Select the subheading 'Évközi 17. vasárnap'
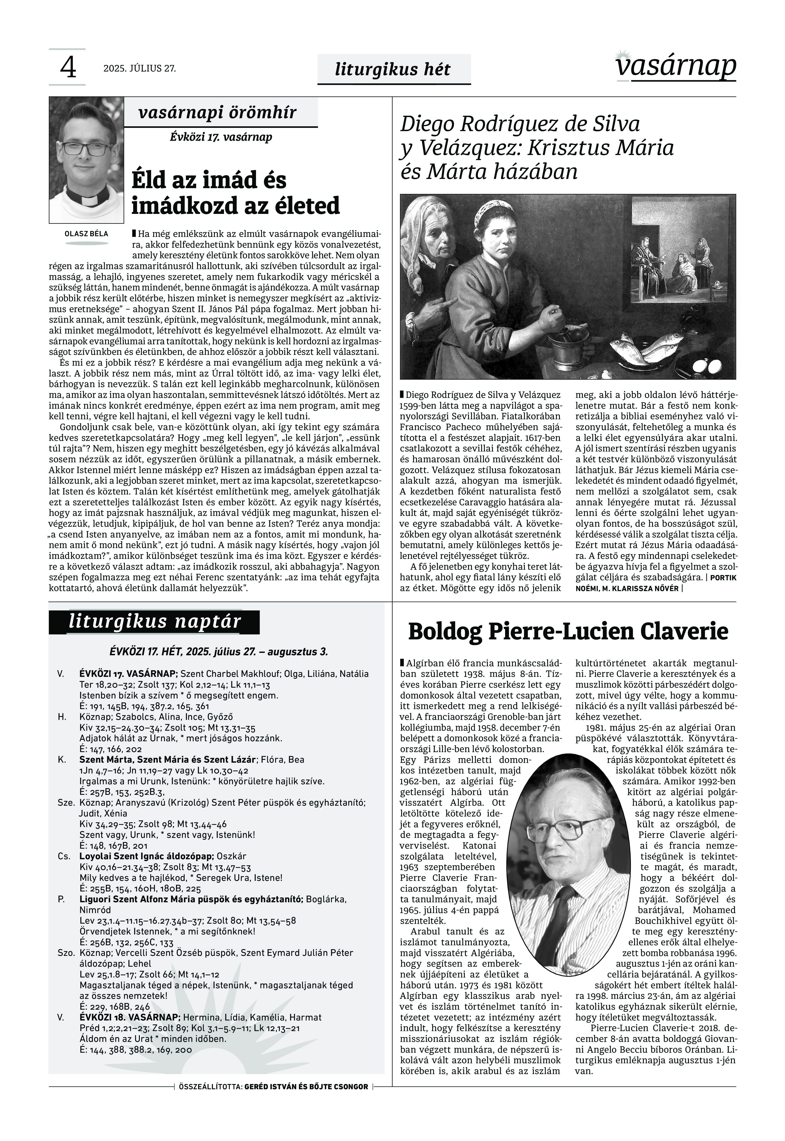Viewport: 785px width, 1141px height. click(x=221, y=137)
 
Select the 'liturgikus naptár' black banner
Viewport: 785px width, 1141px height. click(x=154, y=622)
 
